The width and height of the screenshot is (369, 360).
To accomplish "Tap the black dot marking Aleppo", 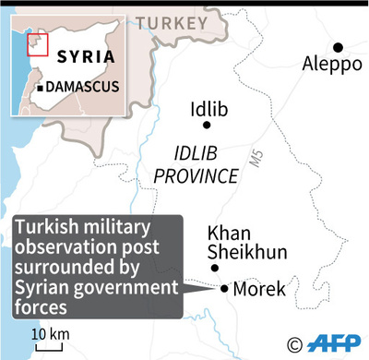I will (339, 47).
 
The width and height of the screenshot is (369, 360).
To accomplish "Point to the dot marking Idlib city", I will (207, 125).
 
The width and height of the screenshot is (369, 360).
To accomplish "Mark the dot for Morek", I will (224, 288).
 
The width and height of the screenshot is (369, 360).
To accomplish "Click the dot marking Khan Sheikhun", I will (216, 269).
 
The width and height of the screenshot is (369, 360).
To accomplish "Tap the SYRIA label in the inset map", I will (86, 56).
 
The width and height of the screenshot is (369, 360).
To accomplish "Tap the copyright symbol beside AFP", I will (295, 345).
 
